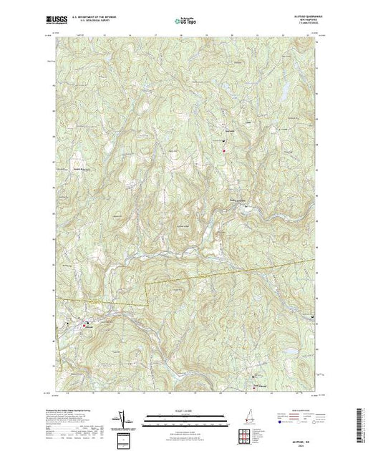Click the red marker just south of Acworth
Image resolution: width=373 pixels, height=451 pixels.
point(223,149)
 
